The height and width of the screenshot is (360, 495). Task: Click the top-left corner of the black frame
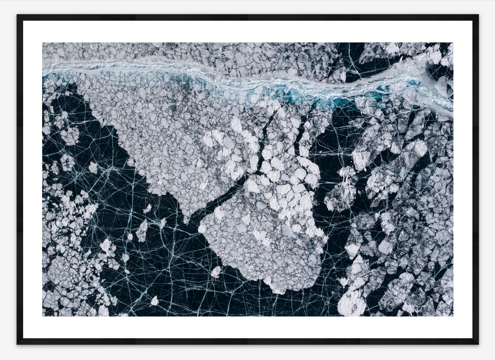tap(17, 15)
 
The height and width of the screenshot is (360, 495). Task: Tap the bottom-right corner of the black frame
tap(478, 344)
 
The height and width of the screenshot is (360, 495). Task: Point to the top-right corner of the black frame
tap(478, 15)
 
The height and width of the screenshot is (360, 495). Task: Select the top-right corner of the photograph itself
tap(453, 43)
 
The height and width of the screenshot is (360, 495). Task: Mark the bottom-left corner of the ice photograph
tap(43, 316)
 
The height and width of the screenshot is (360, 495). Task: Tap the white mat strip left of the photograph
tap(32, 179)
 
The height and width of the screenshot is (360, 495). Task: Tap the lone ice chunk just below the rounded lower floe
tap(216, 272)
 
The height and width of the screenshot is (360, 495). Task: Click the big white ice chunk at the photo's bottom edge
tap(352, 304)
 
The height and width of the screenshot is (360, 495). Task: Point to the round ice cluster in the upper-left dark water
tap(71, 135)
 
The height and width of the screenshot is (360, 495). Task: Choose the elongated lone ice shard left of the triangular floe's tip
tap(142, 230)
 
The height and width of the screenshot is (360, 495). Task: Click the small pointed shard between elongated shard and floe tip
tap(163, 223)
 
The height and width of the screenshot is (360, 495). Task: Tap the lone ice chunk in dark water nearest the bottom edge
tap(154, 301)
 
